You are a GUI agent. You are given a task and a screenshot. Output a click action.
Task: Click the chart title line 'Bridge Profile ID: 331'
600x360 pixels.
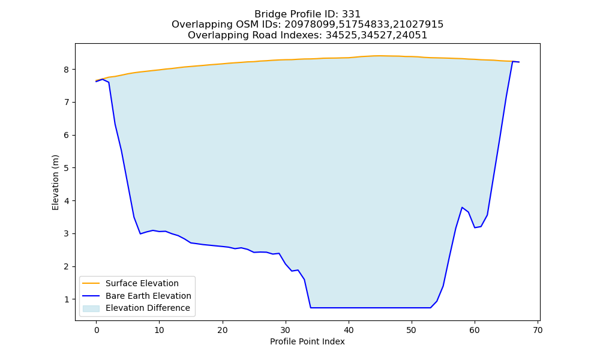[307, 14]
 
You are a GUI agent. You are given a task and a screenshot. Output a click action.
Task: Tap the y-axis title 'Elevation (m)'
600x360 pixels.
[55, 182]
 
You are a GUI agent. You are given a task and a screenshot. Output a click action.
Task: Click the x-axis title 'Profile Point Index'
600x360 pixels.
[307, 341]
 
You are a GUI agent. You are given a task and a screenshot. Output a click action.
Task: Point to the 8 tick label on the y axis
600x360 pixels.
[67, 70]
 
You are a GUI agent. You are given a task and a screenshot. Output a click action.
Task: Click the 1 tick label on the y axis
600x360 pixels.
[67, 299]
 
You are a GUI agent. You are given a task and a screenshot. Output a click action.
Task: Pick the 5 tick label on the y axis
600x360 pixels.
[67, 168]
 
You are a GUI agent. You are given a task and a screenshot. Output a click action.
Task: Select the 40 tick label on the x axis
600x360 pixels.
[349, 330]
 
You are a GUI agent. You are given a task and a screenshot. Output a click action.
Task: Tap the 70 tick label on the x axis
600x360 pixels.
[538, 330]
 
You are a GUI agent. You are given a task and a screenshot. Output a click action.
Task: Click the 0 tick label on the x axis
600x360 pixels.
[97, 330]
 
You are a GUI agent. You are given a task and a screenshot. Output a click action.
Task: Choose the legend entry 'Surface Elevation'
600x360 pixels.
[142, 283]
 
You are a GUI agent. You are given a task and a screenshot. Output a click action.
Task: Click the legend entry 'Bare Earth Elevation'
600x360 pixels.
[148, 296]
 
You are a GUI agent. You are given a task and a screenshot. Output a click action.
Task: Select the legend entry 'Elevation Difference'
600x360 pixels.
[148, 308]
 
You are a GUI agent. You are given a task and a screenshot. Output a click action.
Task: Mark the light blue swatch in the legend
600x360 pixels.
[91, 308]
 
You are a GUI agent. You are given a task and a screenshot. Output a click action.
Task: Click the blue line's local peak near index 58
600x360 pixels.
[462, 208]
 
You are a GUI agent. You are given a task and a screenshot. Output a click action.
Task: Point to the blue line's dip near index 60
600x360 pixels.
[475, 227]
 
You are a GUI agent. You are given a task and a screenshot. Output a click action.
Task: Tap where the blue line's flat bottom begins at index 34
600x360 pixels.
[311, 308]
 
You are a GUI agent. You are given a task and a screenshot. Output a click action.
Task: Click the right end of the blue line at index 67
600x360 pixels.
[519, 62]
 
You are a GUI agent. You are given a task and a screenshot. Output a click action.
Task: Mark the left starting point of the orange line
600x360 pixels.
[97, 80]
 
